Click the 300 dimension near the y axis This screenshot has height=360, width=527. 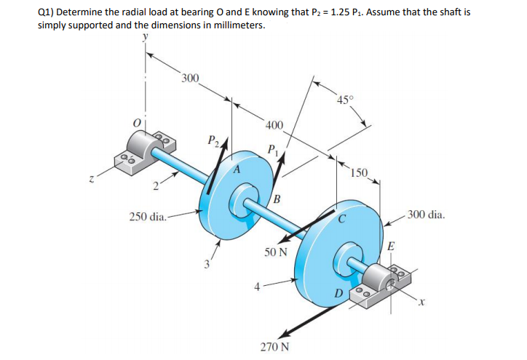click(191, 77)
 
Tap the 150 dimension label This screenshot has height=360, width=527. click(358, 172)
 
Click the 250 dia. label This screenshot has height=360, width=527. click(147, 216)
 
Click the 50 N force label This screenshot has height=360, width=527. click(276, 252)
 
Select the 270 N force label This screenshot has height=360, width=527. click(275, 347)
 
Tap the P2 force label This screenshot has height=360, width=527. click(213, 140)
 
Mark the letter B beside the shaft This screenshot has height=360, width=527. click(278, 201)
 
